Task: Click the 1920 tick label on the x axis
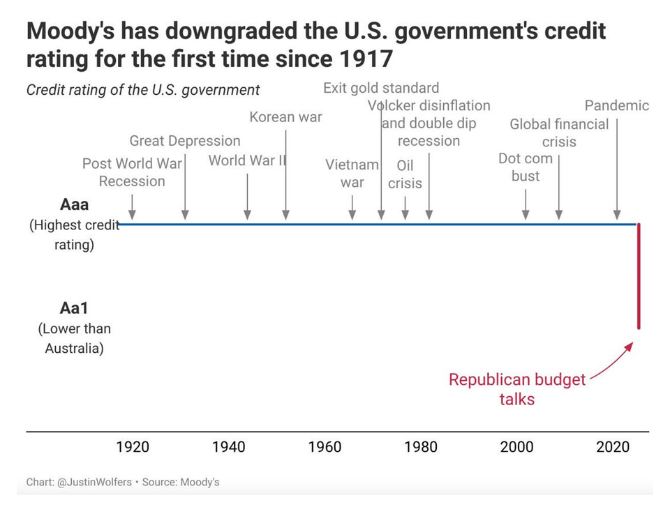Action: point(133,447)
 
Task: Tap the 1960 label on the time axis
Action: point(325,447)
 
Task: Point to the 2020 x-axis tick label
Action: point(613,447)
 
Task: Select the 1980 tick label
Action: point(422,447)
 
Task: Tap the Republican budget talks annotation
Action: point(517,389)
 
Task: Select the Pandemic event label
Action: point(616,106)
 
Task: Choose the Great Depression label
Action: point(185,141)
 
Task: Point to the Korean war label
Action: point(286,117)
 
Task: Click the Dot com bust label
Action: point(526,167)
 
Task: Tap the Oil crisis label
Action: point(405,174)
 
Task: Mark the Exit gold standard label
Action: point(381,88)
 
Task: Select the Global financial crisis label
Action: point(559,133)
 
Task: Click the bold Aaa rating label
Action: point(75,205)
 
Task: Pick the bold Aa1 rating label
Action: point(75,309)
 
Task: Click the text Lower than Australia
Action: point(75,338)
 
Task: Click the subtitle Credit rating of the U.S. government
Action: point(143,90)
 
